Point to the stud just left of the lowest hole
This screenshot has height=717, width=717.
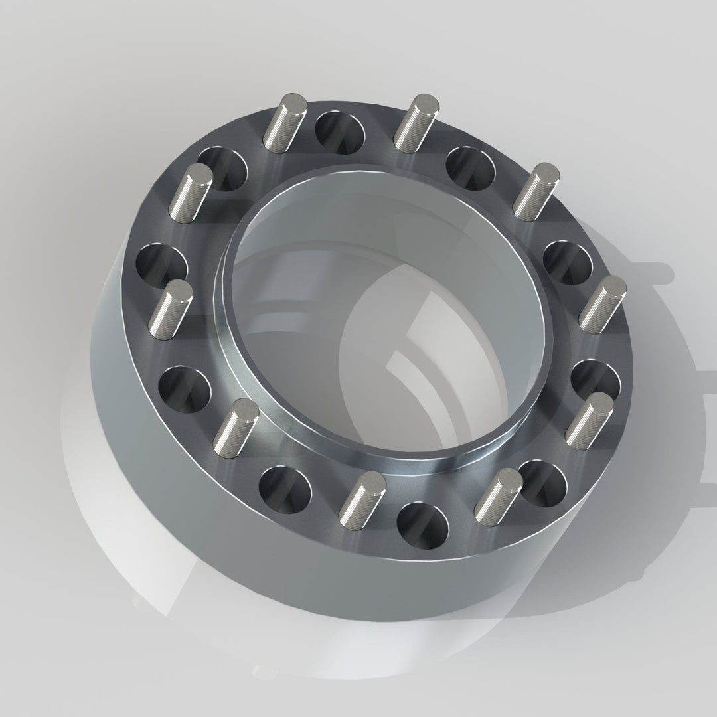point(362,494)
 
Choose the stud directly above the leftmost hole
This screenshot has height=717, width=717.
point(190,193)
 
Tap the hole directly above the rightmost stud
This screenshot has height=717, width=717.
point(568,263)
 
